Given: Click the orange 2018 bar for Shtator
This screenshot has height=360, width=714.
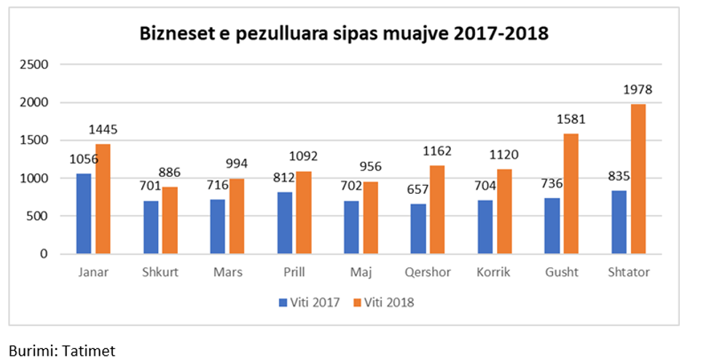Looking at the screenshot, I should (x=638, y=179).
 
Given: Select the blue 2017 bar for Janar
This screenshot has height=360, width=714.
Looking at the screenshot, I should (x=84, y=214).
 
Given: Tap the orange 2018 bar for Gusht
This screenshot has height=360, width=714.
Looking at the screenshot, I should (x=572, y=194).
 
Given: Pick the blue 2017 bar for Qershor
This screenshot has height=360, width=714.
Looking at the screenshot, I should (x=417, y=229).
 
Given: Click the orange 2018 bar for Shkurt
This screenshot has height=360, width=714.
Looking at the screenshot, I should (x=170, y=221).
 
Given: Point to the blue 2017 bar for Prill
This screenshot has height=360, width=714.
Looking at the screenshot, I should (x=285, y=223).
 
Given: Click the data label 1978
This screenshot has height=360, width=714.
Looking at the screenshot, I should (x=637, y=90).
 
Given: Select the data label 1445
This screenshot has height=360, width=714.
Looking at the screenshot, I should (x=103, y=130).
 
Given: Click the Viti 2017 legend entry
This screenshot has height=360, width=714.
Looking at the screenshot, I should (x=309, y=302).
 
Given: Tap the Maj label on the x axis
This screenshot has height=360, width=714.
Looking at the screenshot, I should (x=361, y=273).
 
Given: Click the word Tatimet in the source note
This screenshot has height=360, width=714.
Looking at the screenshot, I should (x=88, y=350).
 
